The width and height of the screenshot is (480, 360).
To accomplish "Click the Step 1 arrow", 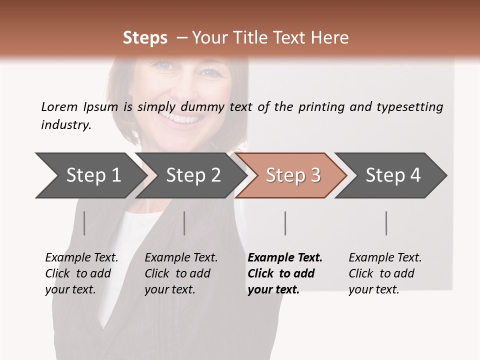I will click(x=90, y=175).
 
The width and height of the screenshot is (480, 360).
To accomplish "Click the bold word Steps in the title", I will click(x=145, y=38).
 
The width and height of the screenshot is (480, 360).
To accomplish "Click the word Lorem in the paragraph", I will click(x=59, y=106).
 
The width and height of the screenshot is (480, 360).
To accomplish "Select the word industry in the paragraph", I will click(x=65, y=124).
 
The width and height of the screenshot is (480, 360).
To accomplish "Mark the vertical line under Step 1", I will click(x=84, y=223).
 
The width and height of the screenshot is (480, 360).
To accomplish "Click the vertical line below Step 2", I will click(x=184, y=223).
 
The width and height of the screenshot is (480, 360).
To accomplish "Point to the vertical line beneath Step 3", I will click(x=285, y=223).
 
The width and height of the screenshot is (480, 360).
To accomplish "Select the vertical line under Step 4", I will click(x=386, y=223).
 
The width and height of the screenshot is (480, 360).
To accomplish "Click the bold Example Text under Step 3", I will click(x=285, y=258).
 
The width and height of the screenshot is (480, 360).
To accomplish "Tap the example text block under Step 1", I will click(x=81, y=273).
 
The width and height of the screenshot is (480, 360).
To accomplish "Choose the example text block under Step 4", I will click(x=385, y=273).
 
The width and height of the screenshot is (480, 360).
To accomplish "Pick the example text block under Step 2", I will click(x=181, y=273).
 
